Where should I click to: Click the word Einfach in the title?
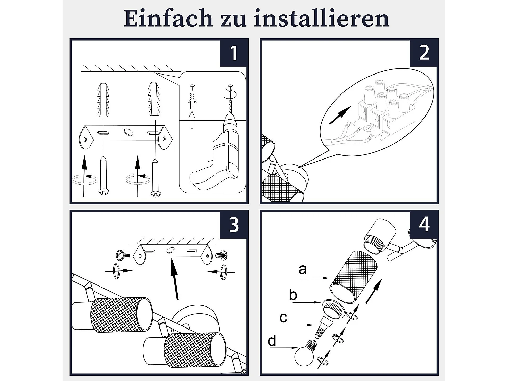(168, 19)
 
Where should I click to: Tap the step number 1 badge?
(234, 53)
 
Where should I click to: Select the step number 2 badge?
(424, 53)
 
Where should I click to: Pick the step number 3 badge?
(234, 225)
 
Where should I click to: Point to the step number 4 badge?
(424, 225)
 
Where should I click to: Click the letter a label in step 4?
(303, 270)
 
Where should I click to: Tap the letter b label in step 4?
(293, 295)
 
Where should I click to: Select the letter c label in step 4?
(283, 318)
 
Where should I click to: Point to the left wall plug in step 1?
(103, 100)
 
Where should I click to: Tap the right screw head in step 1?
(156, 194)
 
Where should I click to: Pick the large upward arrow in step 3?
(174, 279)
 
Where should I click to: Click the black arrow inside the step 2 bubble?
(340, 115)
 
